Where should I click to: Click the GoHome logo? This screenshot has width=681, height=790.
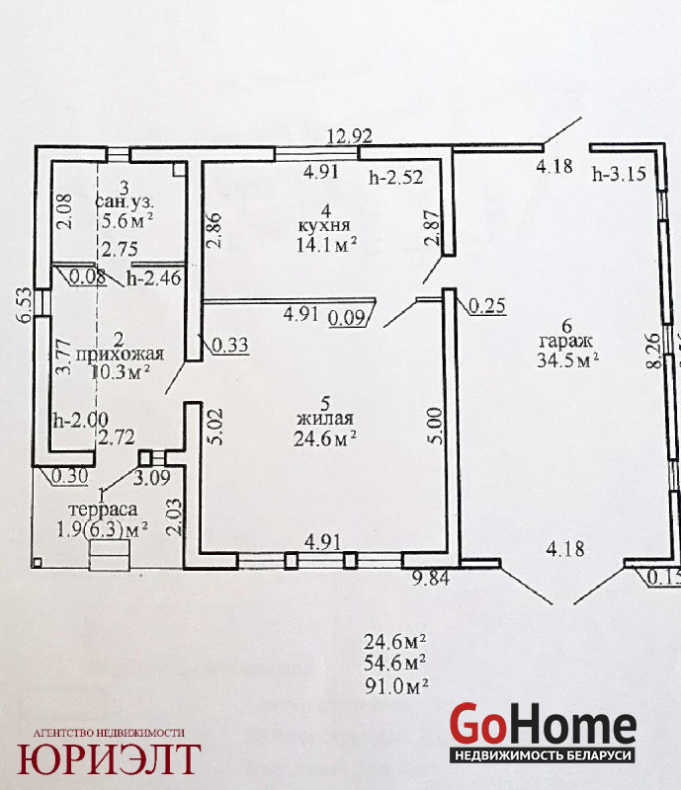[x=543, y=732]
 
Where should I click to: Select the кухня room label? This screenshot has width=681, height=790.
[x=324, y=225]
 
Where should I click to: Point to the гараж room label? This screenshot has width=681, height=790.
[x=566, y=342]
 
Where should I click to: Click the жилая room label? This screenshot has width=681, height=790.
[x=325, y=419]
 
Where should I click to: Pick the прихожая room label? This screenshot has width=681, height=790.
[x=120, y=355]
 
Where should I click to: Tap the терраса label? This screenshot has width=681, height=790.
[x=103, y=510]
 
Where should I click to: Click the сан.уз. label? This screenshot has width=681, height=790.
[x=125, y=202]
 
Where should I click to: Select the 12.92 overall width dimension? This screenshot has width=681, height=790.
[x=350, y=136]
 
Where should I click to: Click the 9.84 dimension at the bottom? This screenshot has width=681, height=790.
[x=430, y=578]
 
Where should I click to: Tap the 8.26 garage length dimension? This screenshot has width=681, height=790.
[x=653, y=351]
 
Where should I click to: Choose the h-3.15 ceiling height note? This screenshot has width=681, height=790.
[x=619, y=174]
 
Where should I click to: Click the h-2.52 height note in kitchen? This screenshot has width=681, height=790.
[x=396, y=178]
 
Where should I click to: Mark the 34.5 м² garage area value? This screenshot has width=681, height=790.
[x=567, y=360]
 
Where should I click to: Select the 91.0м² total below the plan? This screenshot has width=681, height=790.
[x=396, y=686]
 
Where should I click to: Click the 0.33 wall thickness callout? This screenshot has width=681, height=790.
[x=230, y=345]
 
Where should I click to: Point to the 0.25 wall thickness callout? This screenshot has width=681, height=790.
[x=487, y=305]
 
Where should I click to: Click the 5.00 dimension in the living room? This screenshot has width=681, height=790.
[x=436, y=426]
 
